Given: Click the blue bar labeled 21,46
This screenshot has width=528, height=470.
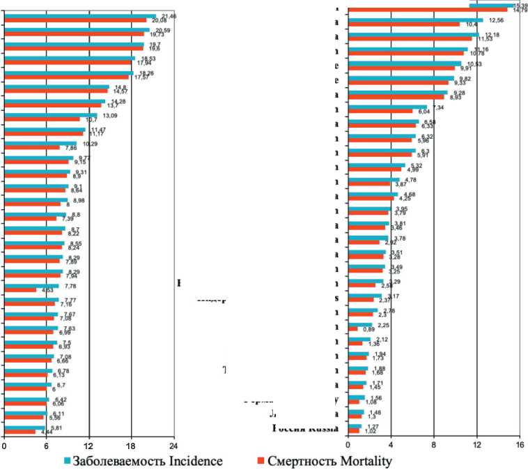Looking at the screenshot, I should tap(80, 15).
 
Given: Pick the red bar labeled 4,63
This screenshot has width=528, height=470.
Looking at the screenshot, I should tap(20, 289).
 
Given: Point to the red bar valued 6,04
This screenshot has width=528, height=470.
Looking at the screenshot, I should tap(380, 111).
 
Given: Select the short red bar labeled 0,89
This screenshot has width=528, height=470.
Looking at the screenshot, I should tap(352, 328).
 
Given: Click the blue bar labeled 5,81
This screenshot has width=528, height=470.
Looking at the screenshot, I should tap(24, 427).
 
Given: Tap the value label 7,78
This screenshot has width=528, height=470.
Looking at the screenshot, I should tap(70, 285).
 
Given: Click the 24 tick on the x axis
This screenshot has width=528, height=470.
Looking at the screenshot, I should tap(173, 447).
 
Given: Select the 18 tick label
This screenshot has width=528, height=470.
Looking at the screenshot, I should tap(131, 447).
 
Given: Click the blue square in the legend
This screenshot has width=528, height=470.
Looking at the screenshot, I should tap(68, 461).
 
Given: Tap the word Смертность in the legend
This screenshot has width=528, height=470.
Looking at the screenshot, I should tap(300, 461).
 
